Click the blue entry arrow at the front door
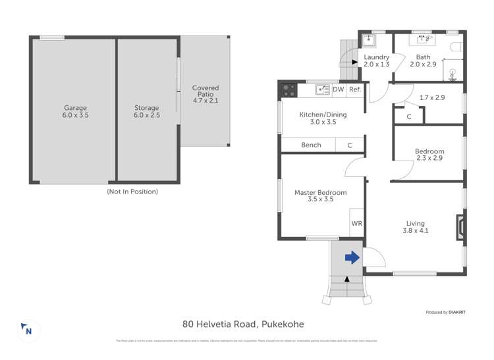(x=352, y=257)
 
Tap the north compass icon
(x=26, y=329)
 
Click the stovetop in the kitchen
(x=288, y=90)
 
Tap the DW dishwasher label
(x=338, y=90)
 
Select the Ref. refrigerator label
(x=354, y=90)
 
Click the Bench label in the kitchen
(x=311, y=145)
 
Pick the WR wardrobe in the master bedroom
(x=356, y=224)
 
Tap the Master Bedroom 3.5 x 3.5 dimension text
(x=320, y=199)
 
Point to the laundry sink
(x=370, y=40)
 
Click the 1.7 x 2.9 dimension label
(x=432, y=97)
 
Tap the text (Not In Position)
(x=132, y=192)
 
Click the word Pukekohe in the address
(x=283, y=324)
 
